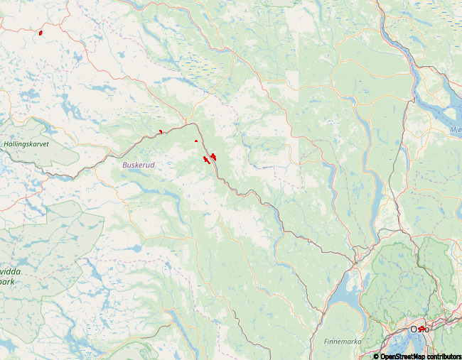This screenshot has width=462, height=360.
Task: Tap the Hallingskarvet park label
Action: [31, 143]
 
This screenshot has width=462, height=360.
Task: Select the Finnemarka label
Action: [343, 342]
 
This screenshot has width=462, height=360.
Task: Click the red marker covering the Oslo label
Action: [421, 329]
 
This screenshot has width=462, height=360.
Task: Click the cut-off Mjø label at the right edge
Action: [456, 130]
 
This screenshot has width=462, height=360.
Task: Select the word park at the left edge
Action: [9, 281]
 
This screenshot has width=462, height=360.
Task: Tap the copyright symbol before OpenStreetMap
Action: [376, 356]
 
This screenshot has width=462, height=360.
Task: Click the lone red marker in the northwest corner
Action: [41, 33]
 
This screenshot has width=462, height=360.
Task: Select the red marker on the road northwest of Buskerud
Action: [161, 131]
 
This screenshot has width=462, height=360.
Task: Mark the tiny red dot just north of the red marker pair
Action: [195, 141]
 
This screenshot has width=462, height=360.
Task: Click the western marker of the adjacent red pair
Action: [205, 159]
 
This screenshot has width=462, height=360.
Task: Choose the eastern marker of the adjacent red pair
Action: [213, 156]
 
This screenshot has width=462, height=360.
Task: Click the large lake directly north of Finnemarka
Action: [344, 290]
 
